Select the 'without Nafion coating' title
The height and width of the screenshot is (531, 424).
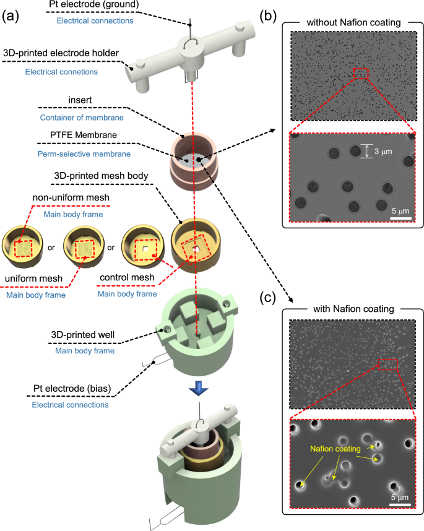(353, 23)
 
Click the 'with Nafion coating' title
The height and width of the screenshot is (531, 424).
(353, 308)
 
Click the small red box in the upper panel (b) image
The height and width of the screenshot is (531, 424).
(360, 74)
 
